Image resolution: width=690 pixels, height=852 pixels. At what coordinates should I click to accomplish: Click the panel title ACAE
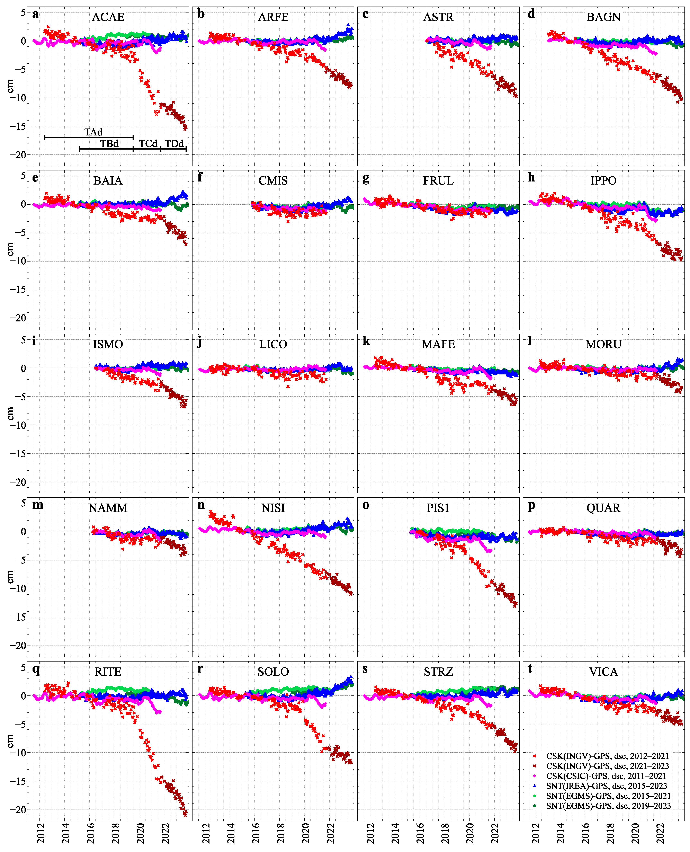108,17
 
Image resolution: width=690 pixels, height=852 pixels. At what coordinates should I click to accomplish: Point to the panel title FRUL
438,181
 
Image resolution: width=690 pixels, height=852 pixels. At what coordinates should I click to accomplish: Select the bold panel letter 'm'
38,505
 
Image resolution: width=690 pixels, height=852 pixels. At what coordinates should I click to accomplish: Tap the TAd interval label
93,132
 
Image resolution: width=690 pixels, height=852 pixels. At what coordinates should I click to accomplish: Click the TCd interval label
148,143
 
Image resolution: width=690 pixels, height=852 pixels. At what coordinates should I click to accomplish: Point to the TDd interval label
174,143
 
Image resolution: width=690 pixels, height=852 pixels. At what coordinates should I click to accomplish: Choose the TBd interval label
109,143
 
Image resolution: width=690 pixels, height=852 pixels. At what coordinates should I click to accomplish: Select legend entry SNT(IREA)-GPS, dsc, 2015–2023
606,786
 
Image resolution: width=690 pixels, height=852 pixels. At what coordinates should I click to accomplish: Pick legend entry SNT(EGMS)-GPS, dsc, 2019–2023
608,806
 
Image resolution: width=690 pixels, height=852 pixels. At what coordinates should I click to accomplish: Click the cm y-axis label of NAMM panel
10,576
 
